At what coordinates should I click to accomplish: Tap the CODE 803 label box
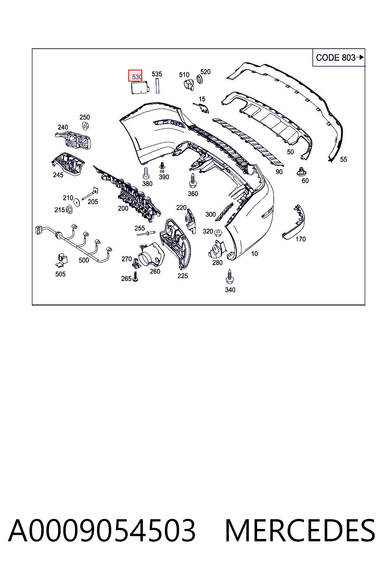click(339, 58)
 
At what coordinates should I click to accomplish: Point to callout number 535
click(157, 74)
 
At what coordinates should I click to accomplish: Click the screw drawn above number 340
click(229, 276)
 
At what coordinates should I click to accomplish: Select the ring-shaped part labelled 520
click(199, 79)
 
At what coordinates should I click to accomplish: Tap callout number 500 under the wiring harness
click(84, 260)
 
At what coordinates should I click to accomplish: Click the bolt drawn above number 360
click(192, 181)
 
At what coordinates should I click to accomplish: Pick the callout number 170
click(300, 239)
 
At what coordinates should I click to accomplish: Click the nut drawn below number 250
click(85, 126)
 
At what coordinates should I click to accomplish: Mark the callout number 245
click(58, 175)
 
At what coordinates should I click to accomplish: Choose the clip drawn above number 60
click(301, 171)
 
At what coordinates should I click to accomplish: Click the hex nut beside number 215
click(69, 210)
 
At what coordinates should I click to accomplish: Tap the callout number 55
click(343, 159)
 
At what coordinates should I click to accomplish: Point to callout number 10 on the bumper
click(254, 254)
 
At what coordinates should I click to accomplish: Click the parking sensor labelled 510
click(189, 85)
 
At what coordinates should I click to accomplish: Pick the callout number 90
click(279, 172)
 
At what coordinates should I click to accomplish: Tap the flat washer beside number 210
click(76, 202)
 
